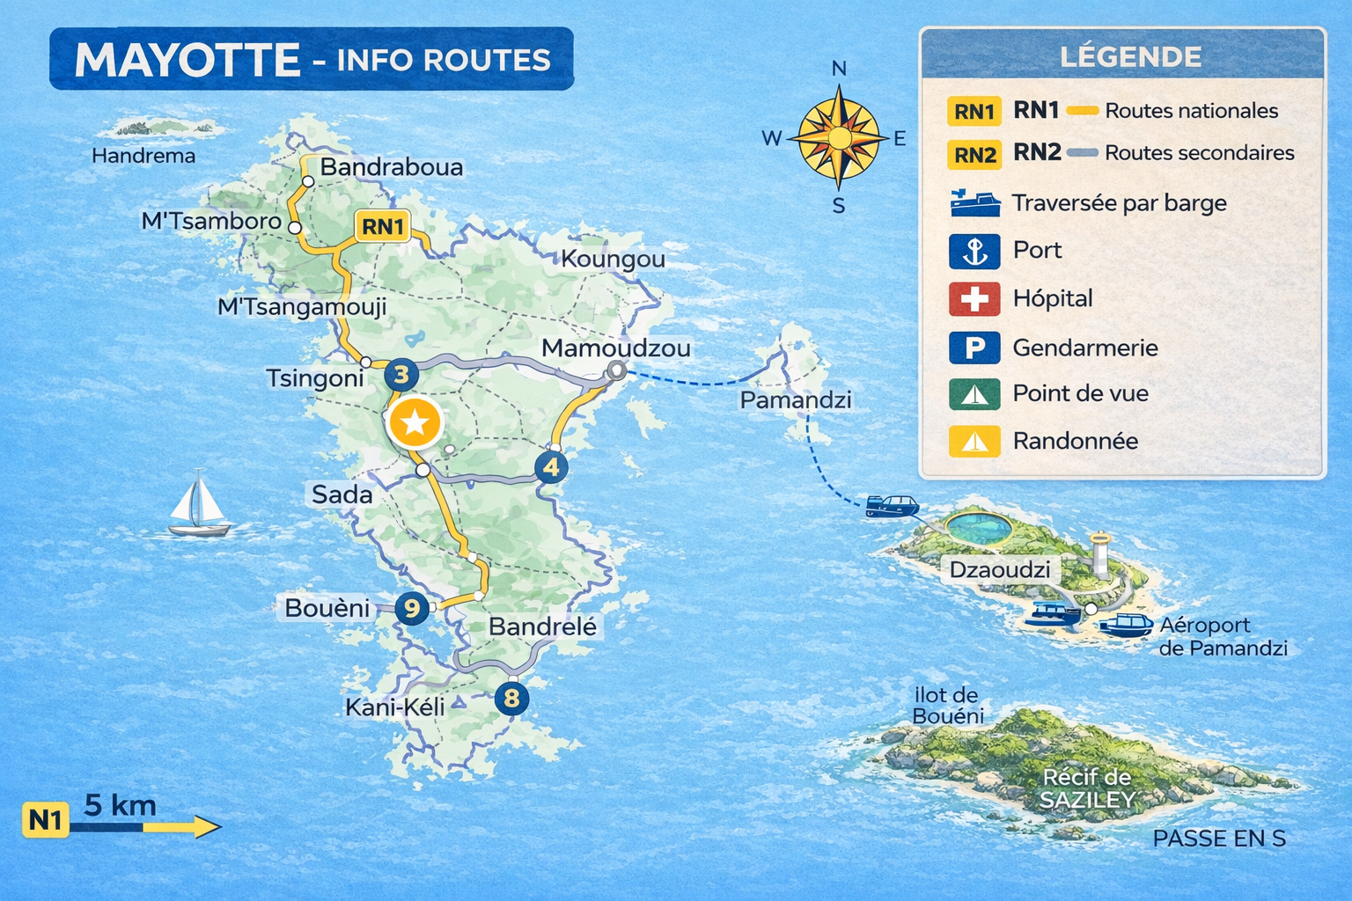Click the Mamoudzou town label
(x=615, y=348)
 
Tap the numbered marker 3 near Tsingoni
(x=400, y=376)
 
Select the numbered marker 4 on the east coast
(x=551, y=467)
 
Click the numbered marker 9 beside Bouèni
(x=411, y=608)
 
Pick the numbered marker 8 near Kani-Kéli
(x=511, y=699)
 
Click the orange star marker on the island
(x=415, y=423)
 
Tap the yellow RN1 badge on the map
(x=382, y=226)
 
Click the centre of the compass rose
(x=840, y=138)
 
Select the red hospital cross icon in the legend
(x=974, y=299)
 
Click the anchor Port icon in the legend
(x=974, y=252)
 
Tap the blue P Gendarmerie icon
(x=974, y=348)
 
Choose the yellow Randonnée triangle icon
(x=974, y=441)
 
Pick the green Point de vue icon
(x=974, y=394)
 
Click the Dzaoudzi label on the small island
(x=999, y=570)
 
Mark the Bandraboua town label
(x=391, y=167)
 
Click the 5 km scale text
(x=121, y=805)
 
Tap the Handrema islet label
(x=143, y=156)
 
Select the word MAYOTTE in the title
(x=187, y=60)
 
